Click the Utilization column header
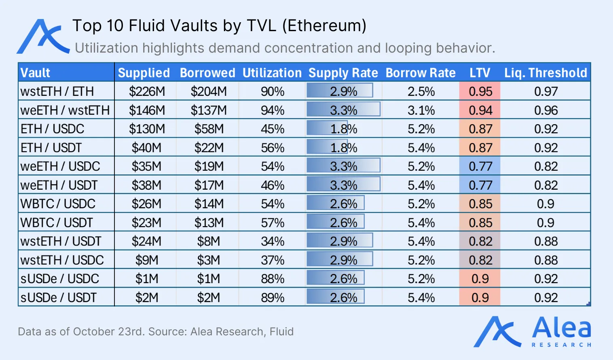click(272, 73)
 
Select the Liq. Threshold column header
click(545, 73)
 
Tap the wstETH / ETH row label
click(57, 91)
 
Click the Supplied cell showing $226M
click(147, 91)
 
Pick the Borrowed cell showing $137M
click(209, 110)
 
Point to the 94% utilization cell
click(272, 110)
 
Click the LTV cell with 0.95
click(480, 91)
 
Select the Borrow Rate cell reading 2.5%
click(421, 91)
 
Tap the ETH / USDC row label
click(52, 129)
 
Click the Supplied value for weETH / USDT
click(146, 185)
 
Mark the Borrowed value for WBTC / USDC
click(209, 204)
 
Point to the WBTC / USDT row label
click(57, 222)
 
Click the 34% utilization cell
click(272, 241)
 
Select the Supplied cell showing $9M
click(146, 260)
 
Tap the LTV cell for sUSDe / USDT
click(480, 298)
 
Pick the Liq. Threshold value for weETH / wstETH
click(545, 110)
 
